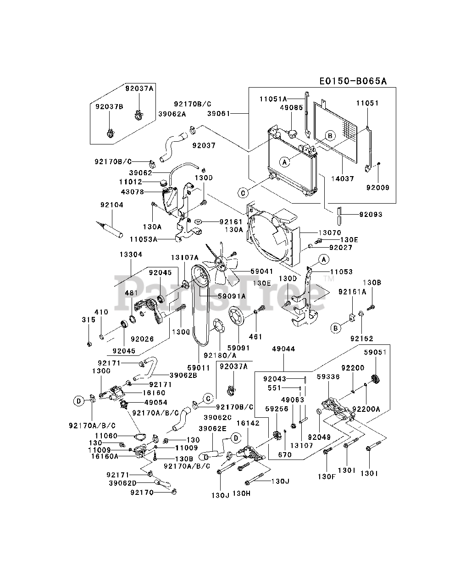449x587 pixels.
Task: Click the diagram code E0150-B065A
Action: coord(353,81)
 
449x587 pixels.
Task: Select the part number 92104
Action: coord(112,205)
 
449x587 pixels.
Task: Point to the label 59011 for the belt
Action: coord(199,368)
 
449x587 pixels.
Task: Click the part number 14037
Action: coord(343,178)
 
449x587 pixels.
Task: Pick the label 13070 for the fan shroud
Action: coord(330,233)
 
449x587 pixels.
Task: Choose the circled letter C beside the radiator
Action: coord(243,193)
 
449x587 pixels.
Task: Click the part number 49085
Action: coord(291,107)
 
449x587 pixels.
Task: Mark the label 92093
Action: coord(371,214)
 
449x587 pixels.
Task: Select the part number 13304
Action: coord(131,255)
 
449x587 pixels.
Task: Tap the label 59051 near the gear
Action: coord(375,352)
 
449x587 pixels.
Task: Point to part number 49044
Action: coord(283,349)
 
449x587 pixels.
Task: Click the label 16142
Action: coord(248,423)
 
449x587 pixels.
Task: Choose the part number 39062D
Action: coord(123,483)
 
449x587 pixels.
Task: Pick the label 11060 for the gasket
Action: coord(106,436)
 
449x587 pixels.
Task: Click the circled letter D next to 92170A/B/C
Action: coord(78,401)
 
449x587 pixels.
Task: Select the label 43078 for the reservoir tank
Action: coord(133,192)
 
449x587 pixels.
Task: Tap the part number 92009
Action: coord(377,188)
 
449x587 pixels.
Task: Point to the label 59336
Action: coord(328,377)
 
